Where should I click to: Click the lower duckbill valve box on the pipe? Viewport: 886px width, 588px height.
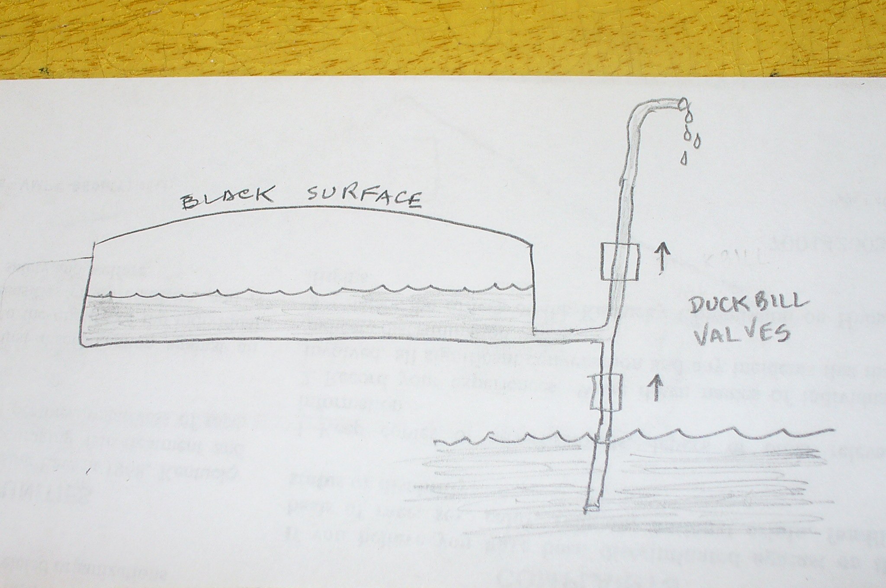pos(605,393)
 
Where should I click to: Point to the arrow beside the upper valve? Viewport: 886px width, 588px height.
pos(662,258)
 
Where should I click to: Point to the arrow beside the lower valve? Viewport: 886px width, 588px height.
pos(655,387)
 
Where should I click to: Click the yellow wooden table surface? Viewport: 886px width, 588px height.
pos(433,35)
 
